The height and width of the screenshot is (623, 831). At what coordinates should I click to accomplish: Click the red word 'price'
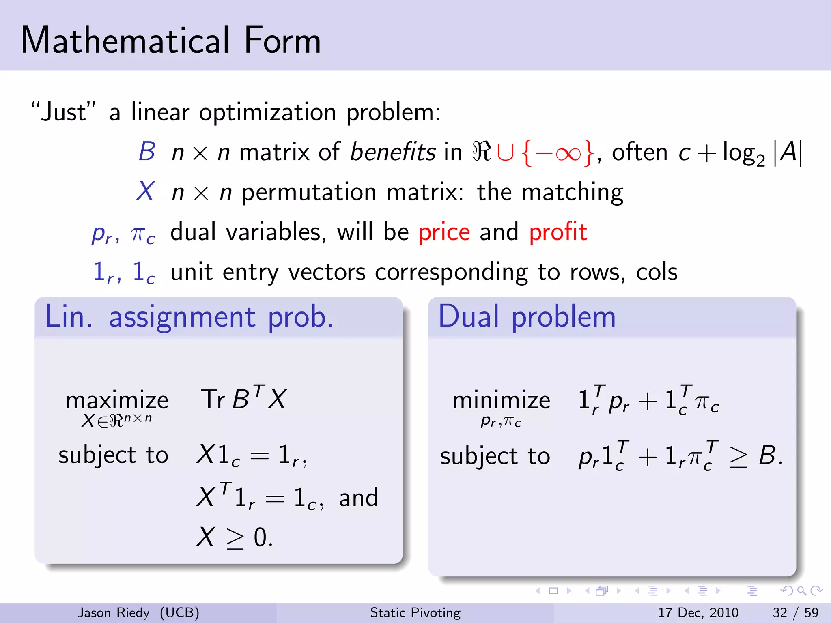444,232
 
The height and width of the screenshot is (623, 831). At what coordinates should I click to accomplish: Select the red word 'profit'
558,232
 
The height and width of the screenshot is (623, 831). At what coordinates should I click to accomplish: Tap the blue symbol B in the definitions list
147,152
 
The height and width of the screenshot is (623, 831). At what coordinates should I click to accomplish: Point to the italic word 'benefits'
392,153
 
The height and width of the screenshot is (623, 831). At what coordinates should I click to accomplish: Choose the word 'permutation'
309,192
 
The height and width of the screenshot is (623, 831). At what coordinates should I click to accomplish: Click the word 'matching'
572,192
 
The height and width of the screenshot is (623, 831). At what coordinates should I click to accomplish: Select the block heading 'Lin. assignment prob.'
189,317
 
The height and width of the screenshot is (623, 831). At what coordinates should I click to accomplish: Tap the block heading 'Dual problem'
527,317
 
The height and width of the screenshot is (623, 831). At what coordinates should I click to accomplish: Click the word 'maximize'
117,401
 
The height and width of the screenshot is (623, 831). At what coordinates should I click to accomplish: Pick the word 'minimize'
501,401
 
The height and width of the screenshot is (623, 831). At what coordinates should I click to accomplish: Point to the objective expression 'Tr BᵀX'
243,399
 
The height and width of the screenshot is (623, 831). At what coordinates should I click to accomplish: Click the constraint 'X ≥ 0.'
235,537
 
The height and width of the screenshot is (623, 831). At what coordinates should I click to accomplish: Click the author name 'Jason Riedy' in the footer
114,612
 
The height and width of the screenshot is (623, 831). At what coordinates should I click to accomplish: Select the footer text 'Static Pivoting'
415,612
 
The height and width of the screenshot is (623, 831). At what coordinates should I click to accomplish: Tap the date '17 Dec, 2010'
698,612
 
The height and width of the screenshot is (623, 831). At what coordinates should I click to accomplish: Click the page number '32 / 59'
795,612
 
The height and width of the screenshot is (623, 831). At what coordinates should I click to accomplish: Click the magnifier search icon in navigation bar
801,591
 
